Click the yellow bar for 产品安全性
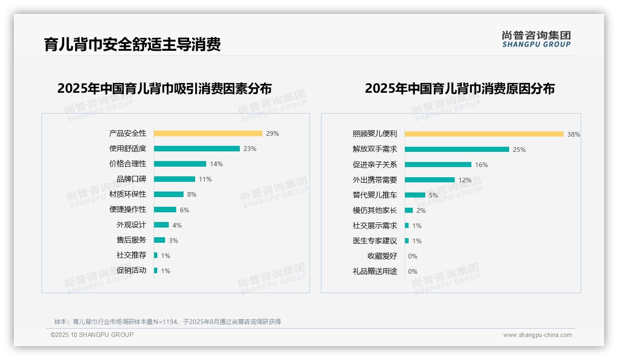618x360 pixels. (208, 133)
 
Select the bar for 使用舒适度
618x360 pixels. (197, 149)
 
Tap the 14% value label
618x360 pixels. (216, 164)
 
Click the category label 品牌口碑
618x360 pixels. (131, 179)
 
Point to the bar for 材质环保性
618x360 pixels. (169, 194)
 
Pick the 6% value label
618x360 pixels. (184, 210)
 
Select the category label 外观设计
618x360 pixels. (131, 225)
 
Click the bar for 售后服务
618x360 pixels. (160, 240)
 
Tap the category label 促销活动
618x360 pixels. (131, 270)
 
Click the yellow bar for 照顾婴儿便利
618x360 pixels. (484, 134)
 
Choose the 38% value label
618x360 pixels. (573, 135)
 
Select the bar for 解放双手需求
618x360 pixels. (457, 150)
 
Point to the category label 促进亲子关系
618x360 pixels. (374, 165)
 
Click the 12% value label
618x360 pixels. (465, 180)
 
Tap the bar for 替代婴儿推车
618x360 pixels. (415, 195)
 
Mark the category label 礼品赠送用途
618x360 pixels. (374, 271)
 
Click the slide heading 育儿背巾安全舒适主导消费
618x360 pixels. (132, 44)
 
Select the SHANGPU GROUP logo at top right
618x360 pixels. (536, 39)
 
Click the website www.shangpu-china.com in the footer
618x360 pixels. (537, 335)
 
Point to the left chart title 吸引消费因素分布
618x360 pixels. (165, 88)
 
